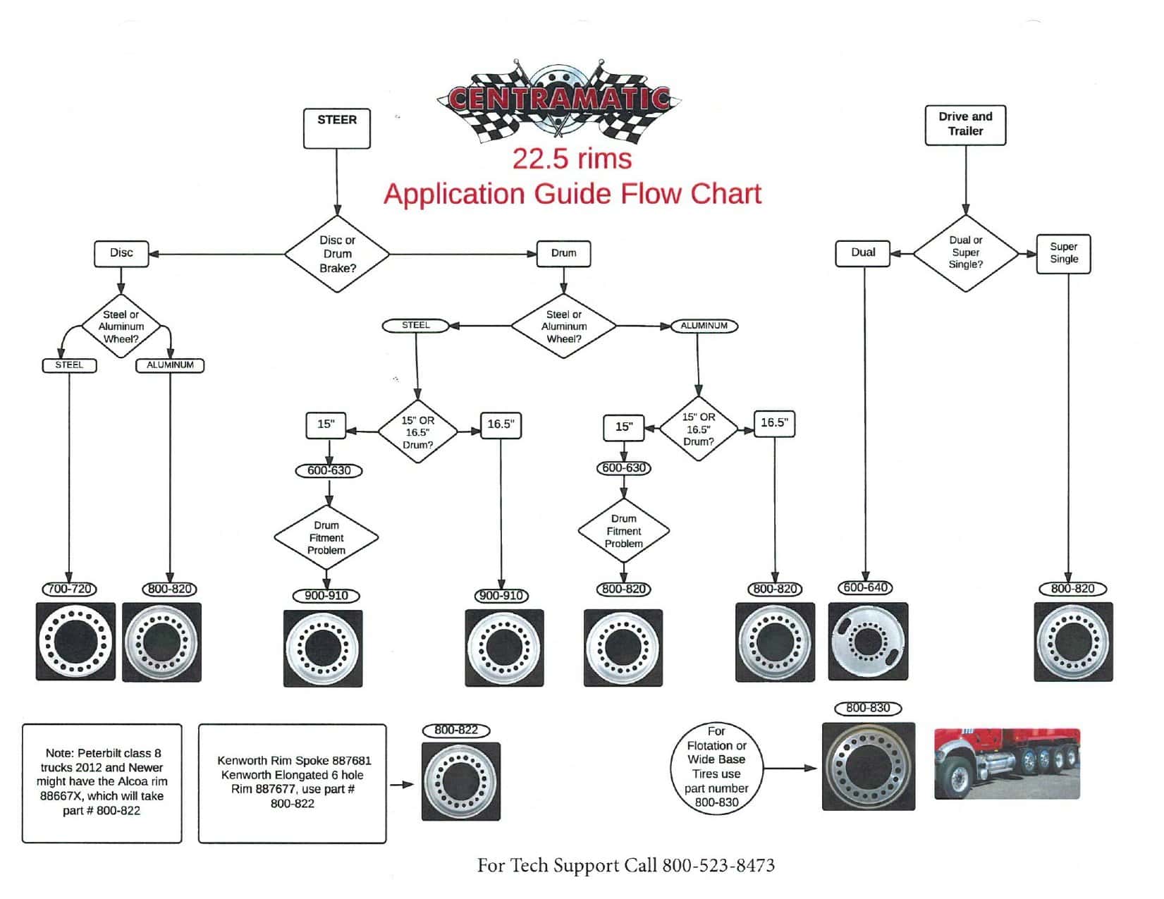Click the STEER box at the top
[336, 128]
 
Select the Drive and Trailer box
[964, 125]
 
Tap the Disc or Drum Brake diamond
[337, 254]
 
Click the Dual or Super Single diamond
[965, 252]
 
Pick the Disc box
[121, 253]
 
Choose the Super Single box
[1063, 253]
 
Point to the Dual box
[862, 253]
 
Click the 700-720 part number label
[69, 589]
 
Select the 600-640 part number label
[866, 587]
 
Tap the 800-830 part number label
[868, 707]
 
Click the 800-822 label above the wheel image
[456, 730]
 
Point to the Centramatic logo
[559, 98]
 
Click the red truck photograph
[1007, 764]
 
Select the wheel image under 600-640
[868, 641]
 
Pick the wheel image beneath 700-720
[75, 641]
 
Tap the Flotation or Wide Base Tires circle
[716, 768]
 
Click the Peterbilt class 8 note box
[102, 783]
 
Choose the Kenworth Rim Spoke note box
[292, 783]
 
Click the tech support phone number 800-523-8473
[718, 865]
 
